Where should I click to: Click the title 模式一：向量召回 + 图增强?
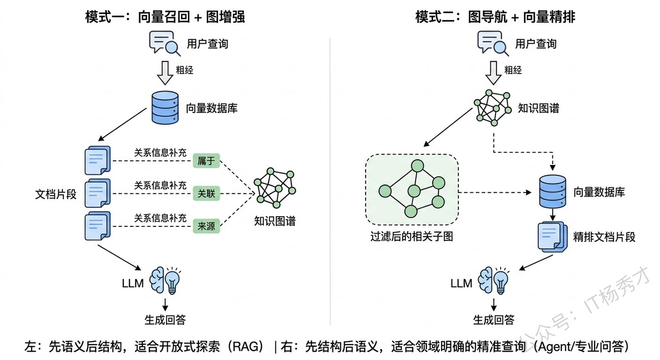[164, 17]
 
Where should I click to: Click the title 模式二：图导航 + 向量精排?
[495, 17]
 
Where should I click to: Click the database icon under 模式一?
[165, 108]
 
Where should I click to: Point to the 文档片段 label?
[56, 194]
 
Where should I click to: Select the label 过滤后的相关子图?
[411, 238]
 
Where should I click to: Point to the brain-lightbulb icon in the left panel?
[164, 281]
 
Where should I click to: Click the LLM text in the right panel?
[461, 283]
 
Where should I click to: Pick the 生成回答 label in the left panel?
[164, 320]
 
